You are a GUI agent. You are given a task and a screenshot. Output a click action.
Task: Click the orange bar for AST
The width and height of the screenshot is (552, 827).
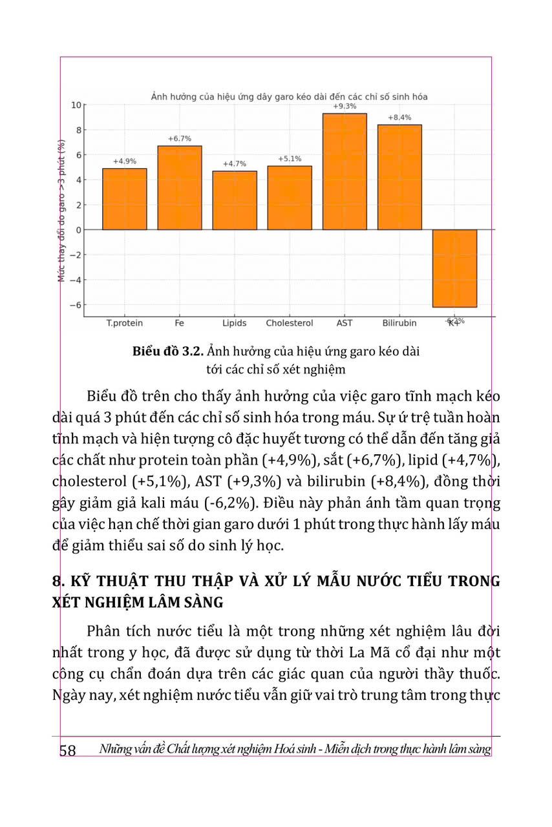[x=345, y=171]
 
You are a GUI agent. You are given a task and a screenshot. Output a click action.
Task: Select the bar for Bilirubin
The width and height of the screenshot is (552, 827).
[x=399, y=177]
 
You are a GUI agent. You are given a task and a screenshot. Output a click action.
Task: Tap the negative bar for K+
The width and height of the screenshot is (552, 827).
[x=454, y=268]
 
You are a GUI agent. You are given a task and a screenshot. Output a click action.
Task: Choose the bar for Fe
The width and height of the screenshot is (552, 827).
[x=180, y=187]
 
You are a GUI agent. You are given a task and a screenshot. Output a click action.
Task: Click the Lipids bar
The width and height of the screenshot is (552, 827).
[x=235, y=200]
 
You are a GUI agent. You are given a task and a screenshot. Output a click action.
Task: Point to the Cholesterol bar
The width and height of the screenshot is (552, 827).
[x=290, y=198]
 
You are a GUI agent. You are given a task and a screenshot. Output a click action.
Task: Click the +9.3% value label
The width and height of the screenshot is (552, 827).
[x=345, y=106]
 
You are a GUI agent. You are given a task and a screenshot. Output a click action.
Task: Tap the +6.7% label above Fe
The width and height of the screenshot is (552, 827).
[x=180, y=139]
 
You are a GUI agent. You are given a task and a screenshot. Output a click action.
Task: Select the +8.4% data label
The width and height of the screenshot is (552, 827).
[x=399, y=118]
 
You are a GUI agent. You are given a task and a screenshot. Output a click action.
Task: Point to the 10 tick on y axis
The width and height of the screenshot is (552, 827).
[x=76, y=105]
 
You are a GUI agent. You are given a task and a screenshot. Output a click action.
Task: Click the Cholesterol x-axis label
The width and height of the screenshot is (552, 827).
[x=290, y=323]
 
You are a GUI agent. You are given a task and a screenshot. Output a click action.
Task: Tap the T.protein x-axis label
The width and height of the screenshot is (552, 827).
[x=125, y=323]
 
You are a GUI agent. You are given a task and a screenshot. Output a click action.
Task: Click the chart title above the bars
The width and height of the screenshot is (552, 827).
[x=289, y=96]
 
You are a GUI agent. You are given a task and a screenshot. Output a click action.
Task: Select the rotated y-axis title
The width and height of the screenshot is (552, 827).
[x=63, y=210]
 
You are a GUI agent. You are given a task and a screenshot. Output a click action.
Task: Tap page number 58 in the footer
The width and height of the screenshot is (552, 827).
[x=68, y=750]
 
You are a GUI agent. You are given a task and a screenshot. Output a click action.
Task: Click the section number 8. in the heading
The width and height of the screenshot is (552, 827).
[x=58, y=580]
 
